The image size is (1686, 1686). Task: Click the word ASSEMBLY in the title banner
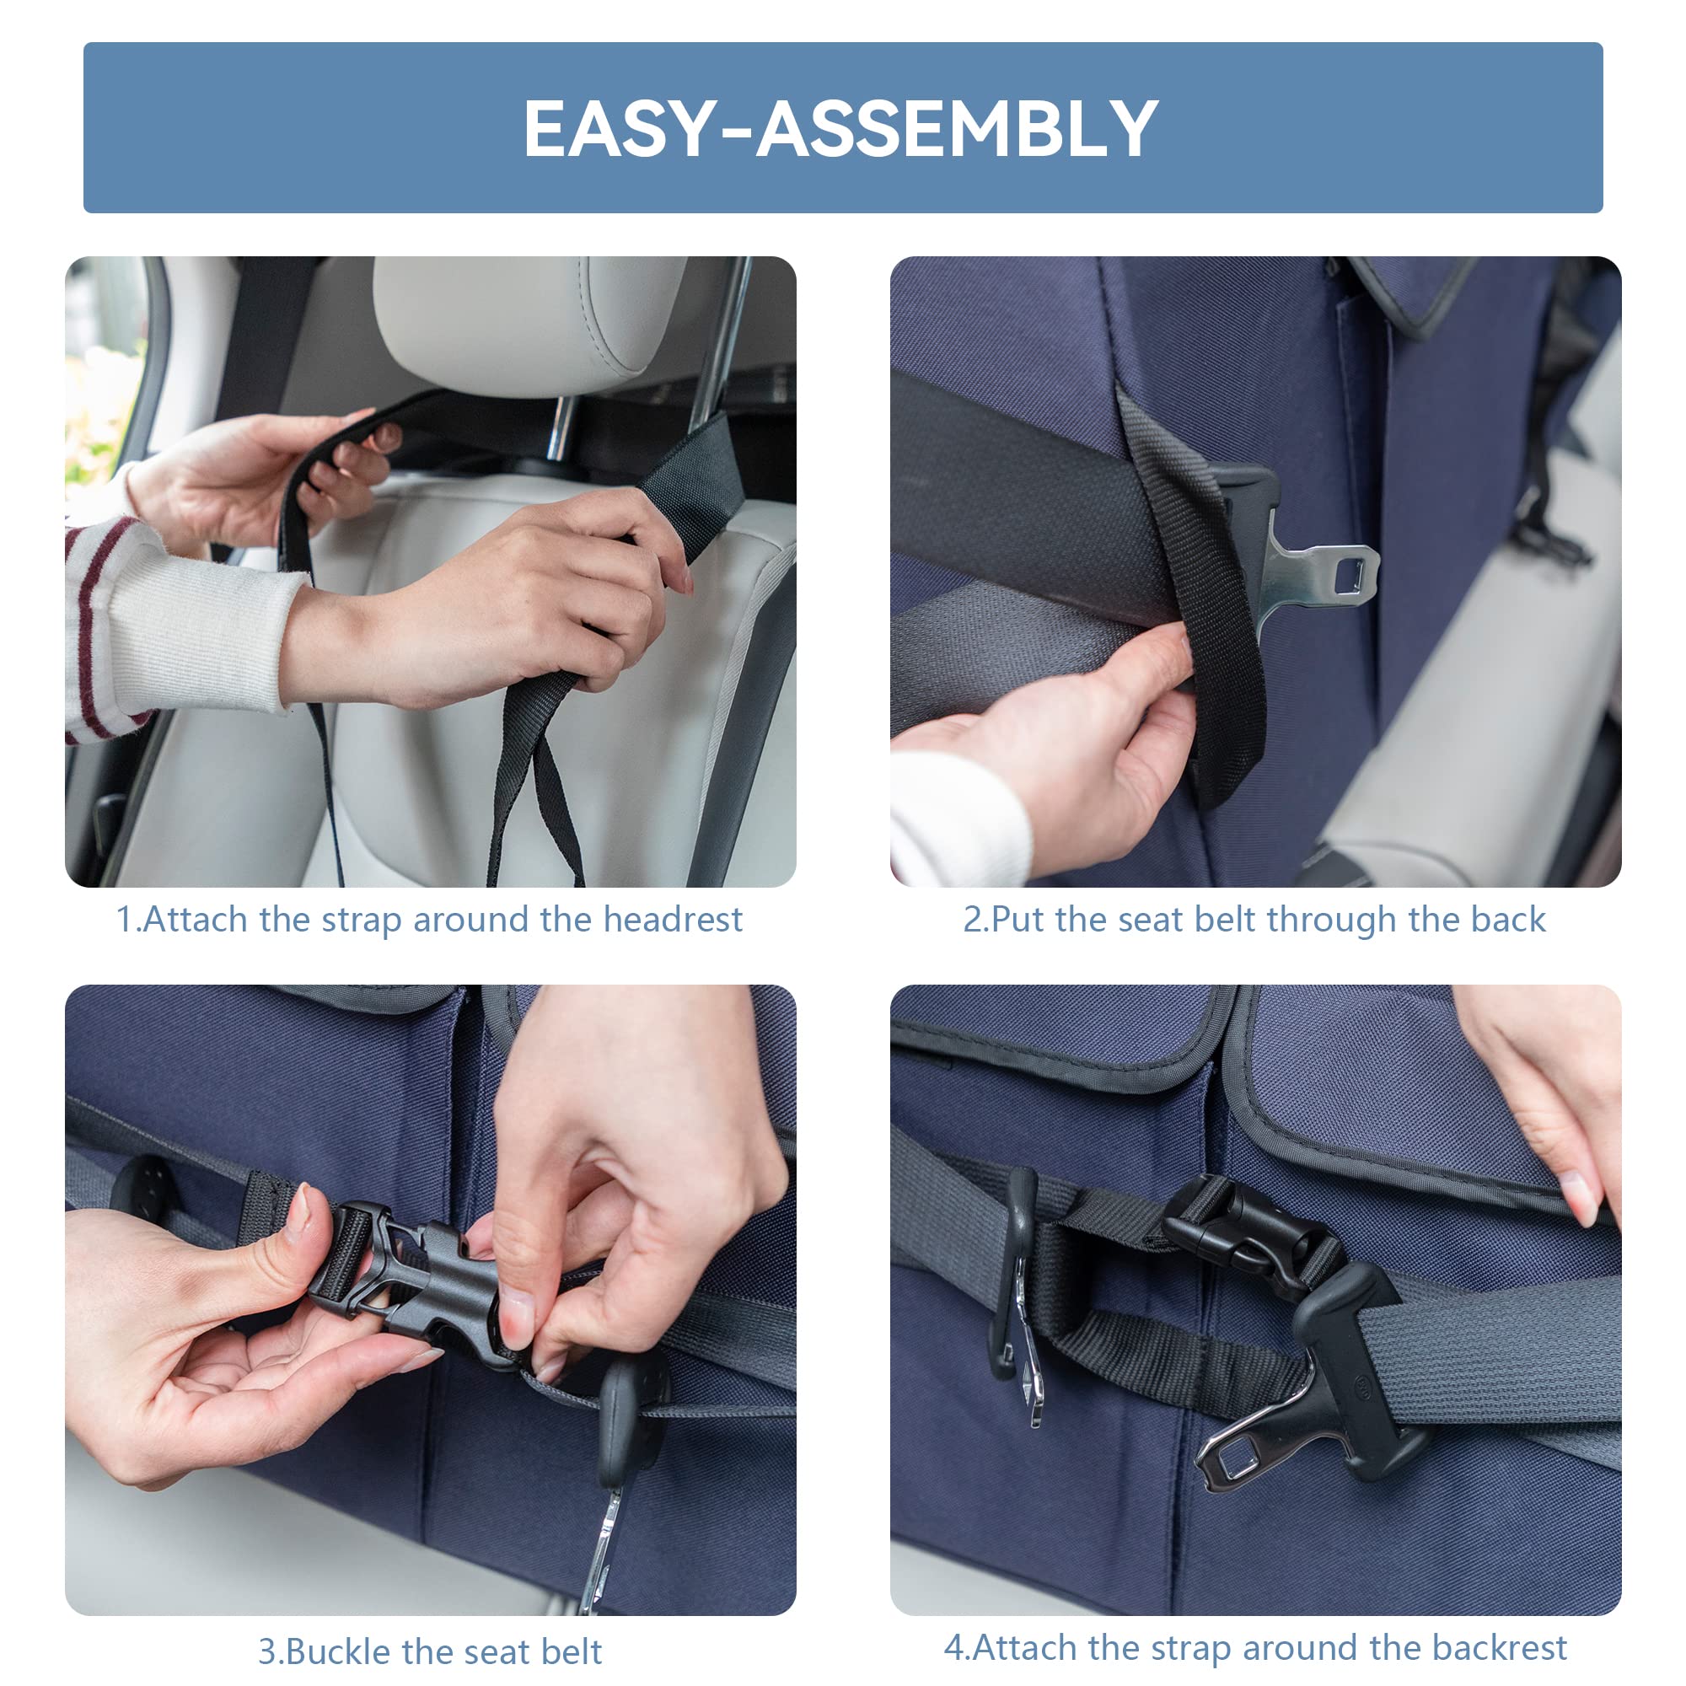point(958,128)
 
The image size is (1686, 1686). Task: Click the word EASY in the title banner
point(620,128)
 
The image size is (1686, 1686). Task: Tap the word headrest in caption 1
point(673,919)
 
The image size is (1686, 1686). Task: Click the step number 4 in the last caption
point(953,1647)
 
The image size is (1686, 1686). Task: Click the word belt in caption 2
point(1226,919)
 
